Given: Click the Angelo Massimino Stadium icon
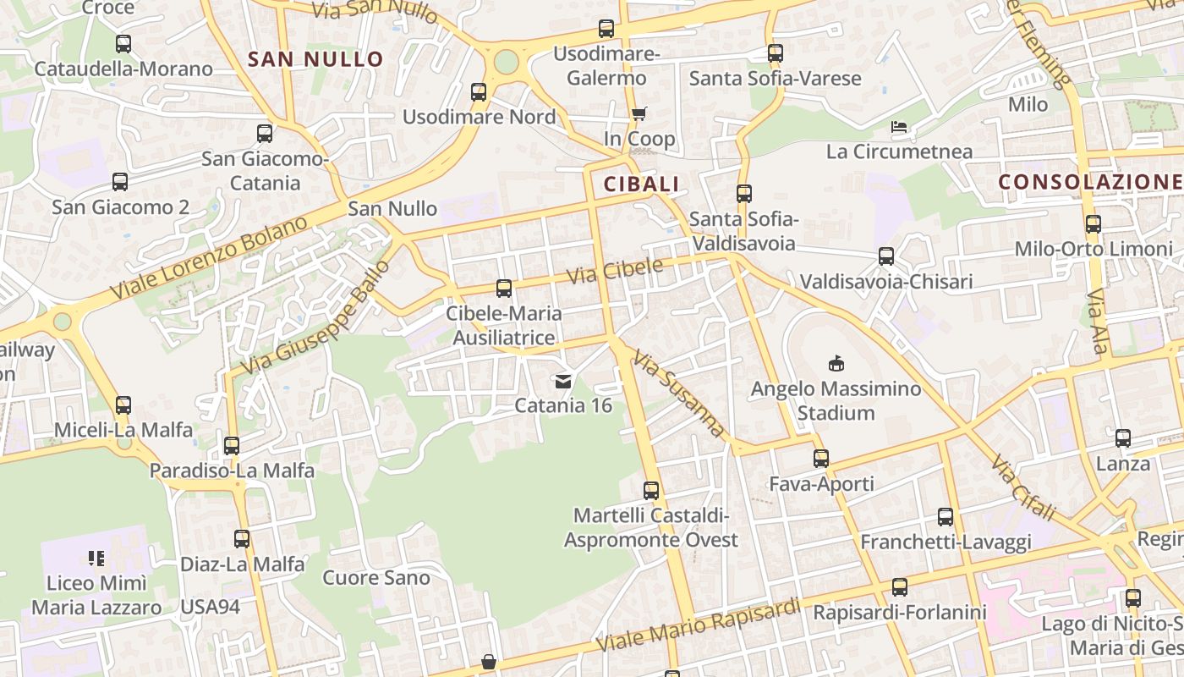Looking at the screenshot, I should tap(836, 363).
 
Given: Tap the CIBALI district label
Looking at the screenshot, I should tap(641, 184).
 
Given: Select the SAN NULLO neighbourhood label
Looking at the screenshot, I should tap(315, 59).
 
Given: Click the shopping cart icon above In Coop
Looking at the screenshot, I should tap(639, 113).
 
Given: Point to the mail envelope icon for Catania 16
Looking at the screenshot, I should tap(563, 381).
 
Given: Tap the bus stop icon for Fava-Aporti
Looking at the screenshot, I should tap(821, 459).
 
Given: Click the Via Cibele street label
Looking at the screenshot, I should tap(615, 271).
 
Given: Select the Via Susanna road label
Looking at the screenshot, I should tap(680, 394).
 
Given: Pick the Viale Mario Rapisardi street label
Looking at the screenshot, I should tap(698, 625).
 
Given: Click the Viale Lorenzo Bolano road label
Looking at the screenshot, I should tap(210, 256).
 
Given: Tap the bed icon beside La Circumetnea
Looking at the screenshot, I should tap(899, 128).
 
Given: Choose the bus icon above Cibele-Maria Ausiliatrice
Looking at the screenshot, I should tap(504, 289).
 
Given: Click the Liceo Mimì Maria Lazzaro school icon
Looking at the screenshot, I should tap(96, 559).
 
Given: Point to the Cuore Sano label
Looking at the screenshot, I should tap(376, 578).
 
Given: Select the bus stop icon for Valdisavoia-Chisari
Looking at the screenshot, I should tap(886, 256).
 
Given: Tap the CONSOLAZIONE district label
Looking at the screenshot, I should tap(1089, 181).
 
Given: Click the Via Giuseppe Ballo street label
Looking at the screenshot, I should tap(316, 317).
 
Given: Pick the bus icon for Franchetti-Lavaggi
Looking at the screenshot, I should tap(946, 517).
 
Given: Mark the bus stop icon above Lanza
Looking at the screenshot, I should tap(1123, 438).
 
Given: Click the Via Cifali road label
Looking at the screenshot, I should tap(1024, 487).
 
